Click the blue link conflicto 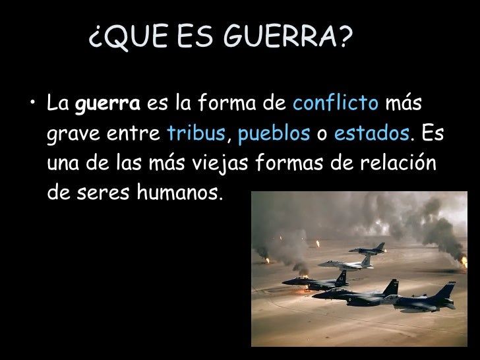(336, 104)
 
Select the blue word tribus (196, 134)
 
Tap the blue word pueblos (274, 135)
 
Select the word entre (135, 134)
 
